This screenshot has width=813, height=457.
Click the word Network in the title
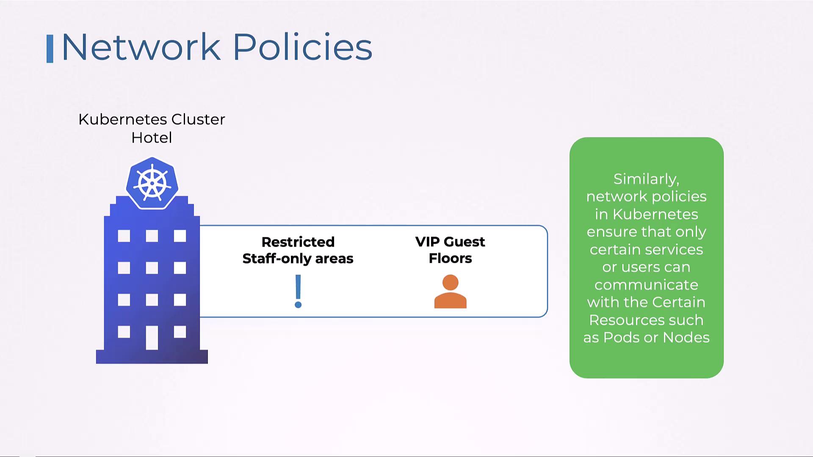click(141, 47)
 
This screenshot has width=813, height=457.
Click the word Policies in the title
click(302, 47)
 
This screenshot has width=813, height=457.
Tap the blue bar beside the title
click(50, 49)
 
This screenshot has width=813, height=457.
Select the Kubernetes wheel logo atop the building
click(152, 184)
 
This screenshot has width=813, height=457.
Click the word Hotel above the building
click(152, 138)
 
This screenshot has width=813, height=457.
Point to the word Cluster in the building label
click(198, 120)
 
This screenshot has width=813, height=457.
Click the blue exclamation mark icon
click(298, 291)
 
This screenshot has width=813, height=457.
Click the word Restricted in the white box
click(298, 242)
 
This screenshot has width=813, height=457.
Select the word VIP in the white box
click(428, 242)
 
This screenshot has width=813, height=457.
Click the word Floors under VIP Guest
click(450, 258)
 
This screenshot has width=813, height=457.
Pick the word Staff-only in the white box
click(277, 259)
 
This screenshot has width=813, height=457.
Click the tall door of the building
click(152, 337)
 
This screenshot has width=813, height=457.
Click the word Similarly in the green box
click(646, 179)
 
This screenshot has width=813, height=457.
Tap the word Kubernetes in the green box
click(655, 214)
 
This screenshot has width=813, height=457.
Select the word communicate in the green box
click(646, 285)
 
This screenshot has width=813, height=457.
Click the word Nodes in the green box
click(686, 338)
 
